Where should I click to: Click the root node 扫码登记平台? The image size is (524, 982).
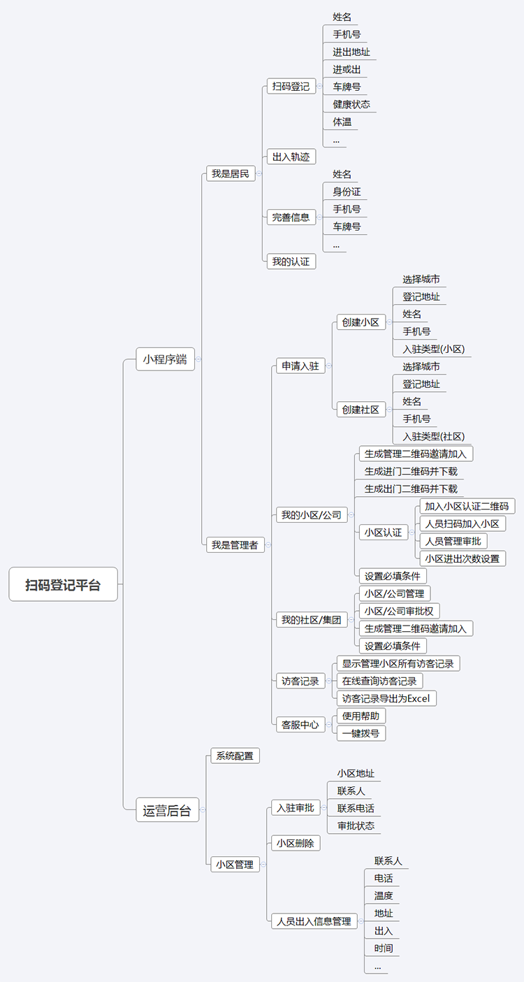tap(63, 584)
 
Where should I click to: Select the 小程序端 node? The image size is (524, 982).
tap(165, 360)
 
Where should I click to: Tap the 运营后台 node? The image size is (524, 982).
tap(166, 811)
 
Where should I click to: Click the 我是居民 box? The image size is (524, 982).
tap(231, 174)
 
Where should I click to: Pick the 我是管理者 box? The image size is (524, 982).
tap(235, 545)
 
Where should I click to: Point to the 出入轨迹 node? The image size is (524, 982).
tap(291, 157)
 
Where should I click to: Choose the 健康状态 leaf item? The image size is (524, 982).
tap(351, 104)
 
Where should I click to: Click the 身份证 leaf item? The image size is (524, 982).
tap(347, 192)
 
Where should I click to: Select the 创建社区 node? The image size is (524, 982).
tap(361, 410)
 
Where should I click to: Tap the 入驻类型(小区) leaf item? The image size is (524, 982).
tap(433, 349)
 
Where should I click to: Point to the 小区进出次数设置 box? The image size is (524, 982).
tap(463, 558)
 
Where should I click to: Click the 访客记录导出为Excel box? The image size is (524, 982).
tap(386, 698)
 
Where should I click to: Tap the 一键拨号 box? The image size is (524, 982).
tap(361, 733)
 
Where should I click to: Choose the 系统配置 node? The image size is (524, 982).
tap(235, 756)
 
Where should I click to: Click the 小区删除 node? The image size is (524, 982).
tap(296, 843)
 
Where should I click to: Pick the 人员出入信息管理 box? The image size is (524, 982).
tap(314, 921)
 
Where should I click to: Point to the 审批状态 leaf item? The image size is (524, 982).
tap(356, 825)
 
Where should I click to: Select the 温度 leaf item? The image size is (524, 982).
tap(384, 895)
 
